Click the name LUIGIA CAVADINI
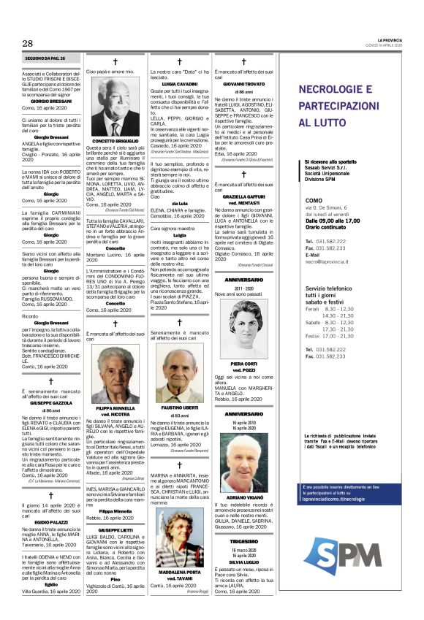(179, 85)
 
